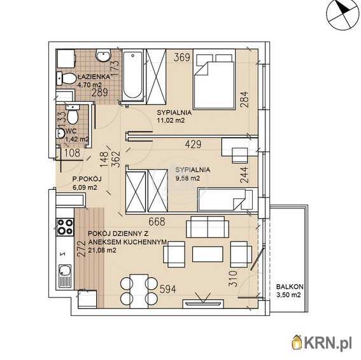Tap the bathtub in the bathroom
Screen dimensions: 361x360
(x=132, y=76)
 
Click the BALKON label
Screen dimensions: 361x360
(x=290, y=287)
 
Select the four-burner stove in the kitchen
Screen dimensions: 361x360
(x=66, y=227)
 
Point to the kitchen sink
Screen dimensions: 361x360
(x=65, y=277)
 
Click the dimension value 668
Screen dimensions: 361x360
(x=157, y=222)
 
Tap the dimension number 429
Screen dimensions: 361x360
(x=193, y=144)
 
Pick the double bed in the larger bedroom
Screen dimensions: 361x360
(x=214, y=79)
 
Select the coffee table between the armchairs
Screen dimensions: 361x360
(x=208, y=254)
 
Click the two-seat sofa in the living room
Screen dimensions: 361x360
(x=208, y=227)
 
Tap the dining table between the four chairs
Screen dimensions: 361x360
(x=139, y=291)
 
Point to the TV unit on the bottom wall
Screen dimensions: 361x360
(x=203, y=304)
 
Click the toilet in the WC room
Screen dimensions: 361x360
(x=72, y=114)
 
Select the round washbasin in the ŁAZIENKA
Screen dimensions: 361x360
(x=103, y=55)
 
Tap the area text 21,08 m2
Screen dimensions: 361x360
(x=102, y=250)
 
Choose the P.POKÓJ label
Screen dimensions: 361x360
(x=87, y=179)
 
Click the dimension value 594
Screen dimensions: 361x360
(x=168, y=289)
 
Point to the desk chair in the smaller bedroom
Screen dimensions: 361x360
(x=240, y=155)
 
